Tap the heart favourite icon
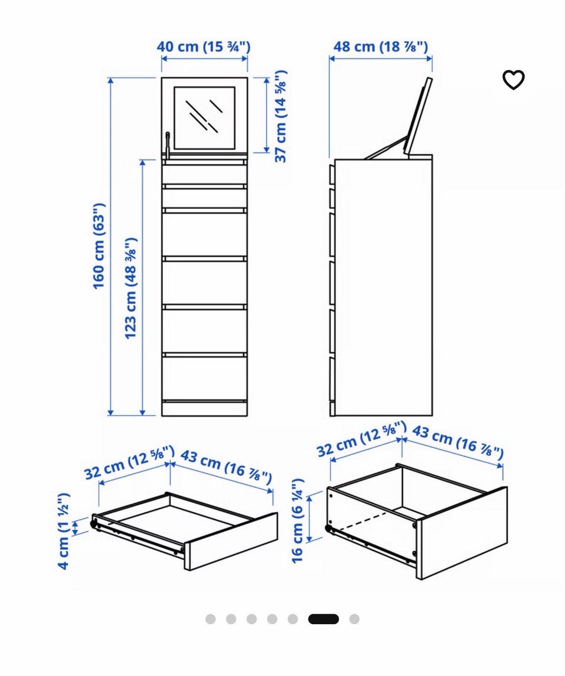point(513,79)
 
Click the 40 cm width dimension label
point(203,46)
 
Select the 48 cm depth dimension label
point(380,46)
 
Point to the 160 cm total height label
point(99,246)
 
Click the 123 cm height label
point(130,288)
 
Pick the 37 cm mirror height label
point(280,116)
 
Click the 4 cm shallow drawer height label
point(64,531)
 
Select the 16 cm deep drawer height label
point(298,520)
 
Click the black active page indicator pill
point(324,619)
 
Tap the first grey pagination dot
point(211,619)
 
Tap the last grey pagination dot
point(354,619)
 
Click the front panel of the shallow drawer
point(231,541)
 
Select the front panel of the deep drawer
point(462,533)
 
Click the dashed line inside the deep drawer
point(363,521)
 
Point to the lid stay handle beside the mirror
point(167,146)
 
